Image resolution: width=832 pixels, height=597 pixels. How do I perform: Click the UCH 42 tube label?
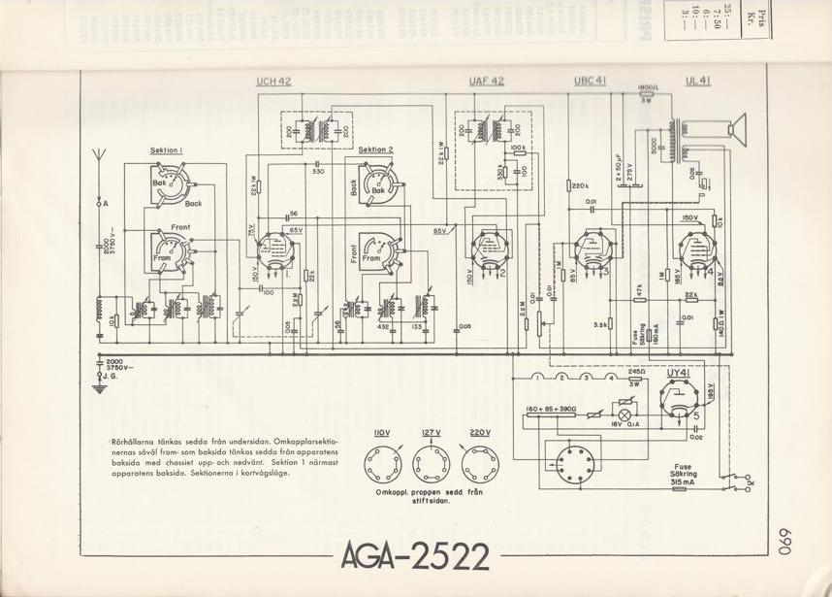[x=273, y=82]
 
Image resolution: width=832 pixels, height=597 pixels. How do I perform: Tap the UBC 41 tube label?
[x=590, y=82]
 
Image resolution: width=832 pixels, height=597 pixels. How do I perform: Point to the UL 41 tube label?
[x=697, y=82]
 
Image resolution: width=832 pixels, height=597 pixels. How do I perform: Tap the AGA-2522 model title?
[x=414, y=555]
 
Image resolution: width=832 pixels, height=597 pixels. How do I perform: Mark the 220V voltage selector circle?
[x=479, y=467]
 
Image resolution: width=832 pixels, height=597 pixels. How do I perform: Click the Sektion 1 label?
[x=167, y=150]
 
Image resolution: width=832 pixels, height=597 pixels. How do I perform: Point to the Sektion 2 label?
[x=375, y=150]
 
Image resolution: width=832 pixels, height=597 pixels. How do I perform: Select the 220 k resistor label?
[x=580, y=185]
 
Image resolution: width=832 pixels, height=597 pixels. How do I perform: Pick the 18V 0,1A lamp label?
[x=625, y=425]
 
